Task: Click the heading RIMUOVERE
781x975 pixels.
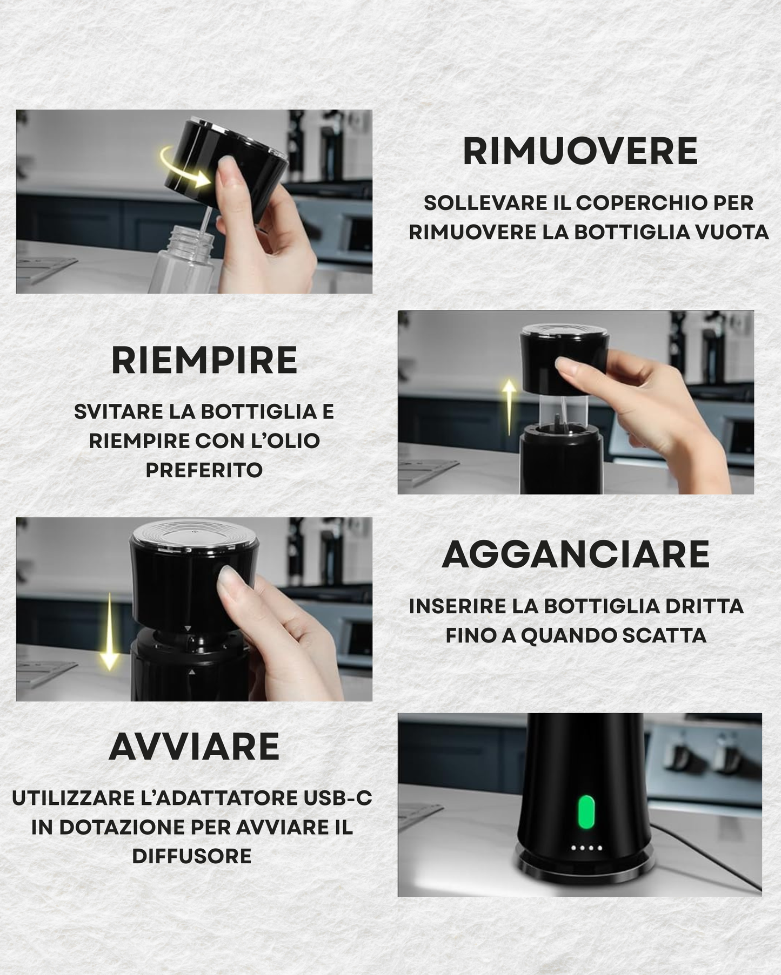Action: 580,152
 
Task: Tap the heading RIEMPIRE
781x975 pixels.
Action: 204,361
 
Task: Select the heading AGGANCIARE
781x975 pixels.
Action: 576,555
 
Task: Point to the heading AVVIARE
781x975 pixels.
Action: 194,747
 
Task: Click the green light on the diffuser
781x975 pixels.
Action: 586,811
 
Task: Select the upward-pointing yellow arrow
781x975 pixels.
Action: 509,405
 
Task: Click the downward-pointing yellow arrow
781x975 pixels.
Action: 110,632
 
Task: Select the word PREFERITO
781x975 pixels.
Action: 204,470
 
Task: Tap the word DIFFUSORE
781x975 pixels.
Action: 191,856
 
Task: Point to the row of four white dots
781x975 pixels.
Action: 586,848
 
